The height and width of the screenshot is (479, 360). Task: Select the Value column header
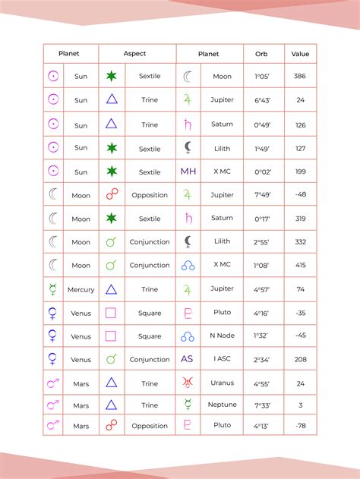[300, 54]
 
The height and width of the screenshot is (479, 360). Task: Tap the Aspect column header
[134, 54]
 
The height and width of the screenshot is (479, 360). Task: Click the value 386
[300, 77]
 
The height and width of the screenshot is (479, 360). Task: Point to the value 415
[300, 266]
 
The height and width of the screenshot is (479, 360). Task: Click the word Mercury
[81, 289]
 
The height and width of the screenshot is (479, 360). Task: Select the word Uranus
[223, 383]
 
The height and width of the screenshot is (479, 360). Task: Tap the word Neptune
[223, 405]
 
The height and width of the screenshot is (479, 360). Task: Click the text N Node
[223, 336]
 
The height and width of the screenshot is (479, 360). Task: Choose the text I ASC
[223, 359]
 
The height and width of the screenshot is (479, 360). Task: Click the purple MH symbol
[188, 172]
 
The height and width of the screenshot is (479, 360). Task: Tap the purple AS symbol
[188, 359]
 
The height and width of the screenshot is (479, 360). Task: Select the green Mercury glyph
[53, 289]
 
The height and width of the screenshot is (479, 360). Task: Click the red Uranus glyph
[188, 383]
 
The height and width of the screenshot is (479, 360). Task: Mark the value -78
[300, 425]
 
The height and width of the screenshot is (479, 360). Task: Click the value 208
[300, 359]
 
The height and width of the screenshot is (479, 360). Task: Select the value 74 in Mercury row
[300, 289]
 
